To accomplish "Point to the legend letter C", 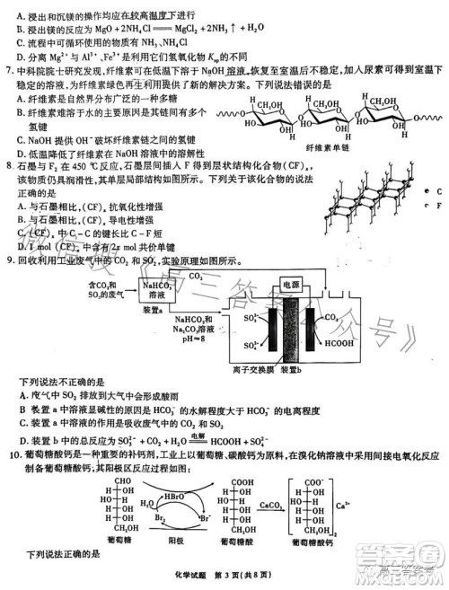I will pos(439,193).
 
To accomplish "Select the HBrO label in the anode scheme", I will pos(169,495).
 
